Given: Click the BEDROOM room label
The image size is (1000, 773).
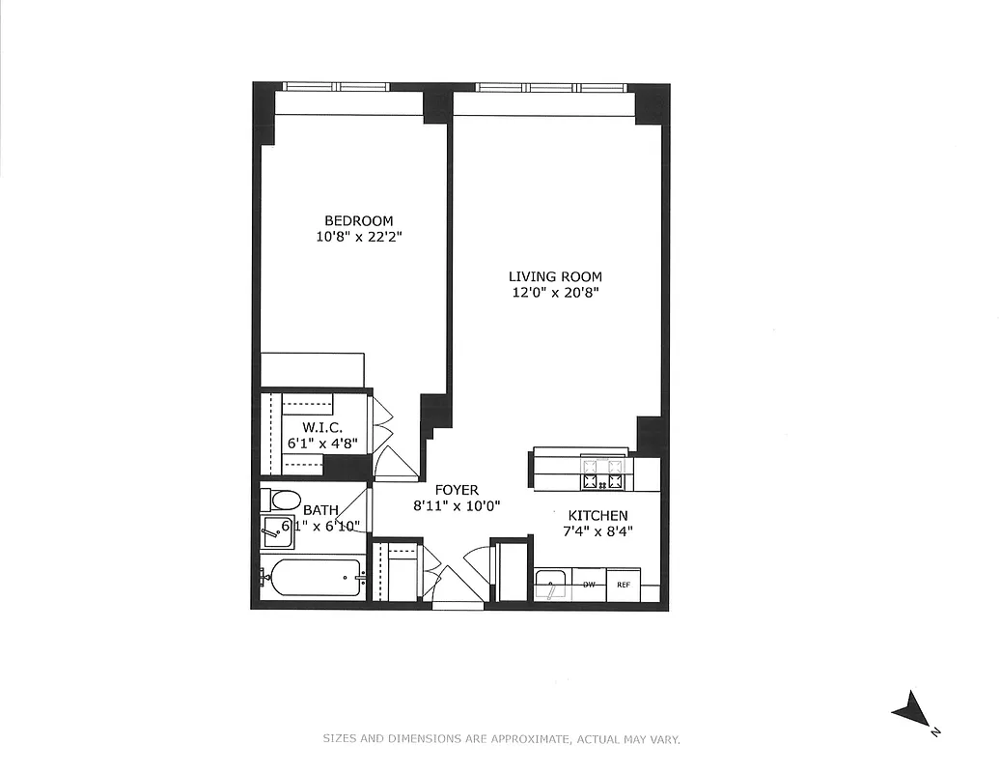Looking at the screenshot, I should coord(358,220).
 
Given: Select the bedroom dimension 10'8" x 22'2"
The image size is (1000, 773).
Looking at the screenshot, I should coord(358,236).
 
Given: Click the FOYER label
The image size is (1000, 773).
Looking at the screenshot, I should coord(457,490).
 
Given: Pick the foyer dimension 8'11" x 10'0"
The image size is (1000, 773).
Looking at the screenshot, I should coord(457,504).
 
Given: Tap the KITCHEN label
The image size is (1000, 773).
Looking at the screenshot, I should coord(598,516).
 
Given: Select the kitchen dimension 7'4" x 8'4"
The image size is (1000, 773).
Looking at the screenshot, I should coord(598,530).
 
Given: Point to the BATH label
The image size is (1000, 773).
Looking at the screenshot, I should coord(320,510).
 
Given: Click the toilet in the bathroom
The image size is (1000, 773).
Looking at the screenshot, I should coord(282,501).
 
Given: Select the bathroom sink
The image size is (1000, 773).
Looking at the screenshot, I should coord(276,530).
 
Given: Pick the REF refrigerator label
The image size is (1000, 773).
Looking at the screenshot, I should coord(624,585).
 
